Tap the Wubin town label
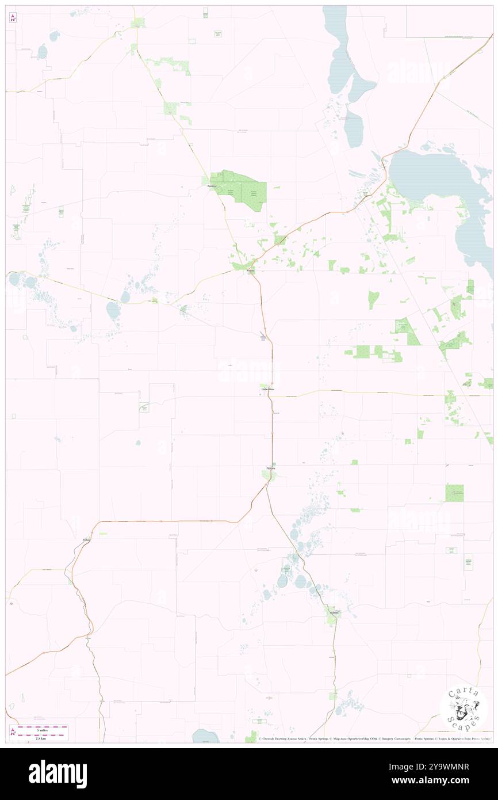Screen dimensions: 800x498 point(250,271)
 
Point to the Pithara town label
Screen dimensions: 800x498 point(270,468)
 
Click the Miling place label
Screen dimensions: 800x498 point(86,540)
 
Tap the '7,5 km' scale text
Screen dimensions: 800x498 point(39,738)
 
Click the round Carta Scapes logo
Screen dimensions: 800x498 point(463,708)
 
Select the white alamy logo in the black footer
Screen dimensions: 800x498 point(58,774)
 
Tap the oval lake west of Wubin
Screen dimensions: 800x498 point(113,310)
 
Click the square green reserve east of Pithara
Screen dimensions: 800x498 point(454,492)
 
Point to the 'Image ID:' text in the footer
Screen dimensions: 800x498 point(403,767)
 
